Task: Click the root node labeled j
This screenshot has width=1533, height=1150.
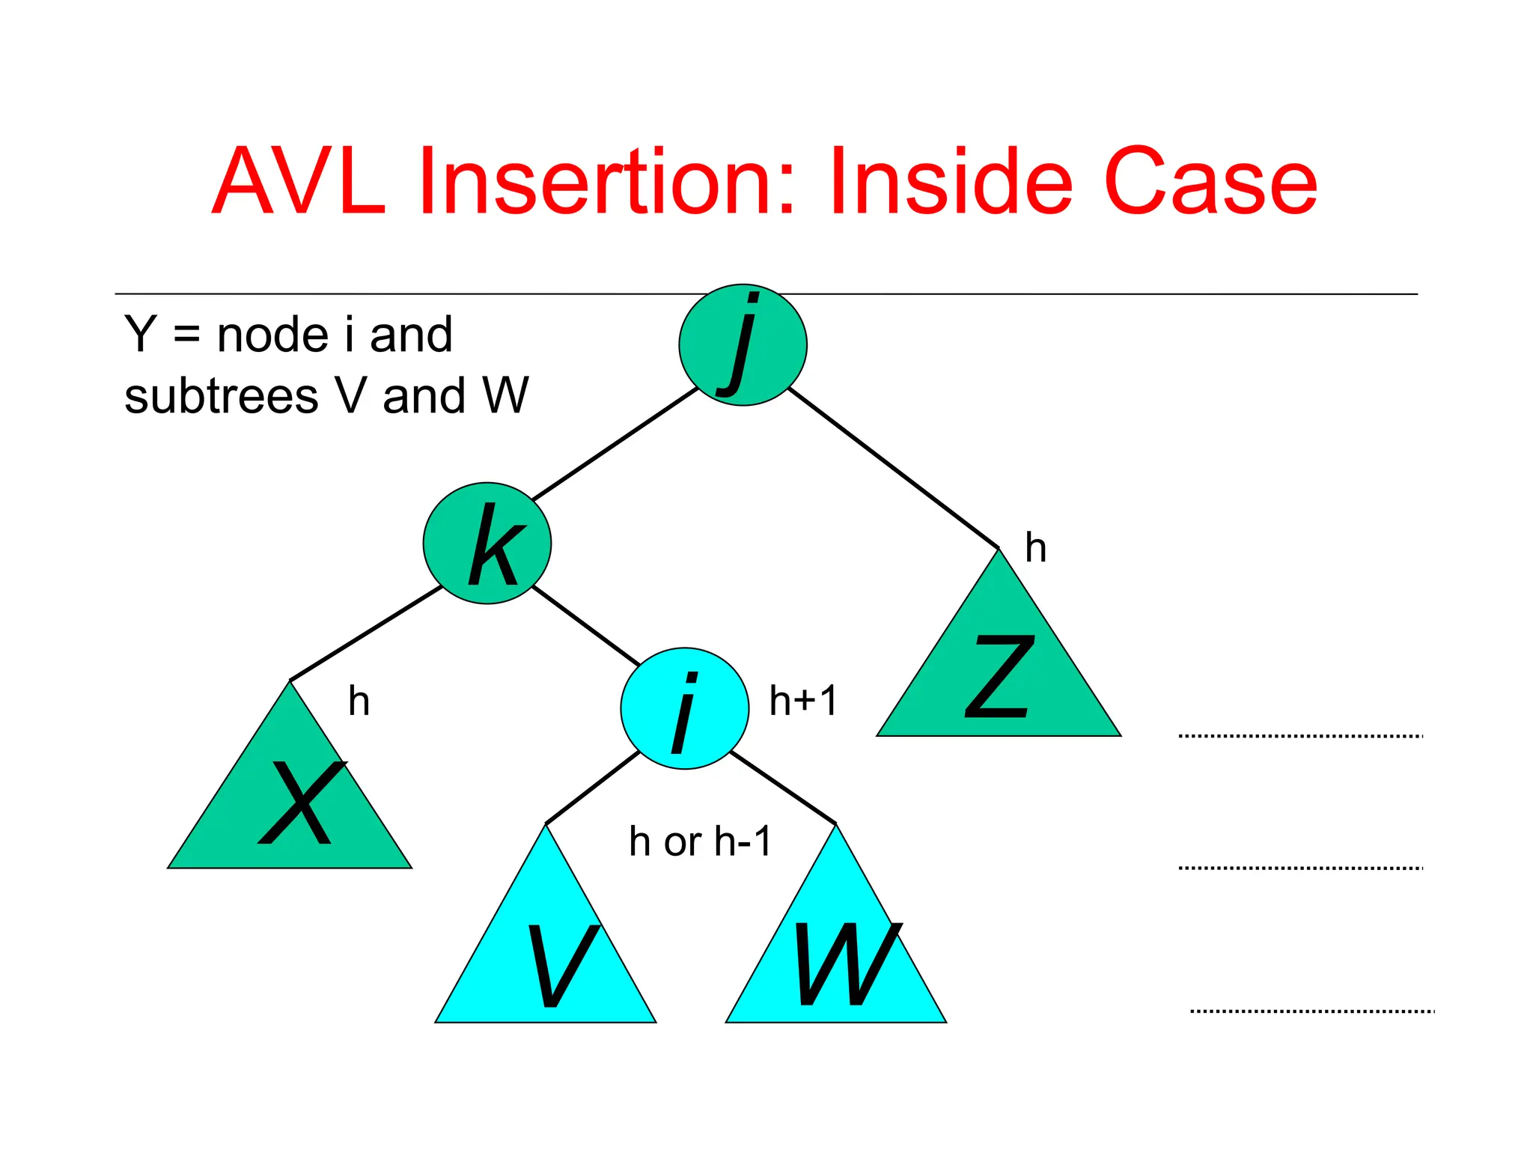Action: pyautogui.click(x=743, y=345)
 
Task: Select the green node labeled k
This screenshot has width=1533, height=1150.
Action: pyautogui.click(x=487, y=544)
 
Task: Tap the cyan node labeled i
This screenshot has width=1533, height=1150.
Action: pyautogui.click(x=684, y=708)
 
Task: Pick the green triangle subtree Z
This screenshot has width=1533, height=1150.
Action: pyautogui.click(x=999, y=674)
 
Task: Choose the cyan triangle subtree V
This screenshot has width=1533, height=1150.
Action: pyautogui.click(x=546, y=958)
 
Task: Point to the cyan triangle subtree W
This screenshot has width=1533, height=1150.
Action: pyautogui.click(x=836, y=958)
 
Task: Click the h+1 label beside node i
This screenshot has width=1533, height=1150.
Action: pyautogui.click(x=803, y=702)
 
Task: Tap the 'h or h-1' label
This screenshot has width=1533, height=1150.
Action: pyautogui.click(x=700, y=842)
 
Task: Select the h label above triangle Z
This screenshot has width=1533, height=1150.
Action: pyautogui.click(x=1035, y=548)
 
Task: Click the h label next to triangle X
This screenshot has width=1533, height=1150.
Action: pyautogui.click(x=359, y=702)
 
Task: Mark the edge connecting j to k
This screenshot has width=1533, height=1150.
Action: pyautogui.click(x=614, y=444)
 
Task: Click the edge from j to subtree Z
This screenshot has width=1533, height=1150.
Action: pyautogui.click(x=893, y=468)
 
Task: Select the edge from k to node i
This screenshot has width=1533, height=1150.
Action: pyautogui.click(x=585, y=626)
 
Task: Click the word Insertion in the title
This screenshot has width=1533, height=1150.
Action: pyautogui.click(x=605, y=182)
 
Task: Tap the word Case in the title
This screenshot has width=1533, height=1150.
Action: pyautogui.click(x=1210, y=182)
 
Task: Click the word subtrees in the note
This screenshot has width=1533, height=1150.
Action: pyautogui.click(x=221, y=396)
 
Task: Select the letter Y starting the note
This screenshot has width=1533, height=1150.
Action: pyautogui.click(x=140, y=335)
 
